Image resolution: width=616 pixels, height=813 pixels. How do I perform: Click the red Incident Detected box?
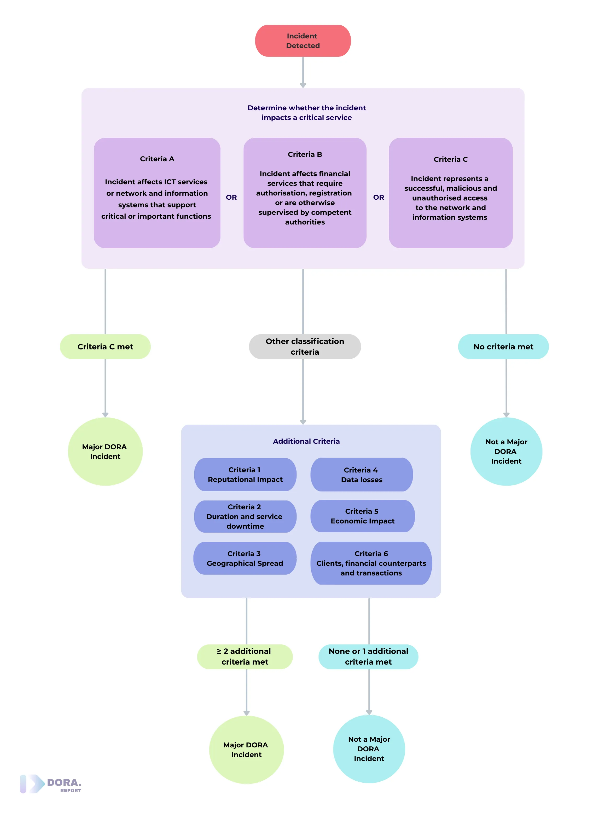point(303,41)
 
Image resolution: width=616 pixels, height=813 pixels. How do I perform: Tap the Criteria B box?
point(305,193)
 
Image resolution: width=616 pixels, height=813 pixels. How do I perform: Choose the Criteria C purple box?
point(450,193)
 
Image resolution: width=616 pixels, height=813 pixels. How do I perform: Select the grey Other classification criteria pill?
point(305,347)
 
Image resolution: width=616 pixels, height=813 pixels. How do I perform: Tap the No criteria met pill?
point(503,347)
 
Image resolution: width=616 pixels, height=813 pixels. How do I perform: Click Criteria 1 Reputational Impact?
point(245,475)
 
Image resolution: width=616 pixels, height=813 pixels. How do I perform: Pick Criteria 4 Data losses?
point(362,475)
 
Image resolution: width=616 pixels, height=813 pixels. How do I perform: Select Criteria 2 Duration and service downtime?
point(245,516)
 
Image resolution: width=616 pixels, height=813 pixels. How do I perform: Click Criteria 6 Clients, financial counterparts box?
point(371,563)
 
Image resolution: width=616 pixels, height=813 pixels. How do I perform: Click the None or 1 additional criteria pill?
point(368,656)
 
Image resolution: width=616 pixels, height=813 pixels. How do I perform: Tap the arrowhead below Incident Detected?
point(303,85)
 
